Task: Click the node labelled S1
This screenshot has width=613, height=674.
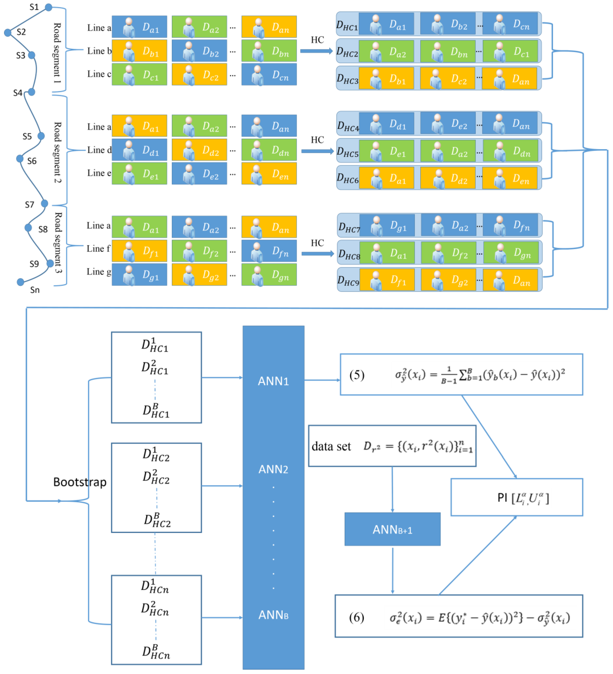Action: pyautogui.click(x=48, y=7)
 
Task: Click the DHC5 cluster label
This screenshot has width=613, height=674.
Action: pyautogui.click(x=348, y=152)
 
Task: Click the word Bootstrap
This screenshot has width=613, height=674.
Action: pyautogui.click(x=80, y=482)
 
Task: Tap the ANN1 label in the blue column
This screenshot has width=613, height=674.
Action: pyautogui.click(x=273, y=381)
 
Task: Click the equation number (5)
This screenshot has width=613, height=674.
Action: pyautogui.click(x=357, y=375)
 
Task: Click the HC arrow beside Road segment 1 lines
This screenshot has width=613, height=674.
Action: pyautogui.click(x=316, y=51)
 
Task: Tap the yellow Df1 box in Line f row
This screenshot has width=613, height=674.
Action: pyautogui.click(x=139, y=251)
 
